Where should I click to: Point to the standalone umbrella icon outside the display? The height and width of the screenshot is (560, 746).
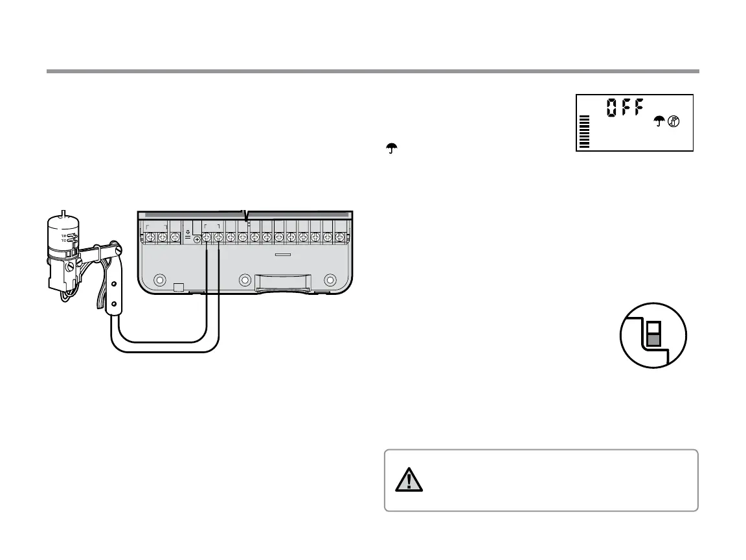tap(390, 149)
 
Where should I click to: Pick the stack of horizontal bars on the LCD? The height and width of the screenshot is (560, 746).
tap(585, 132)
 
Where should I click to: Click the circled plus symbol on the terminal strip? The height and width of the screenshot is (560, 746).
tap(197, 240)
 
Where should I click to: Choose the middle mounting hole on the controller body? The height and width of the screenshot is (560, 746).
tap(244, 281)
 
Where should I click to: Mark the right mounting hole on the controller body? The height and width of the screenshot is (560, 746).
tap(330, 281)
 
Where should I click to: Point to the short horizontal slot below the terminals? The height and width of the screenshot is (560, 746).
tap(282, 255)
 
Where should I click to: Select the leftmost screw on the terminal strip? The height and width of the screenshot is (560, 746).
tap(150, 237)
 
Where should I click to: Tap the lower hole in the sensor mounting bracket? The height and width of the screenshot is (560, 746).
tap(115, 303)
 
